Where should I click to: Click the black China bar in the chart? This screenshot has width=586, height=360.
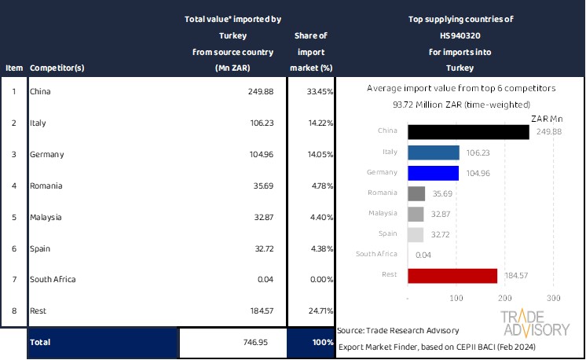pos(468,131)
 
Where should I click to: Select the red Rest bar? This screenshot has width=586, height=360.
pos(452,276)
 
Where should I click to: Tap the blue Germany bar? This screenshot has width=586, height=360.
pos(433,173)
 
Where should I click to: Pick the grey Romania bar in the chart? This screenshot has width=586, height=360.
pos(416,193)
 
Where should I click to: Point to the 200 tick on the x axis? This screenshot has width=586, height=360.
pos(505,299)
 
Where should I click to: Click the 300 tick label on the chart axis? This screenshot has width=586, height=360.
pos(553,299)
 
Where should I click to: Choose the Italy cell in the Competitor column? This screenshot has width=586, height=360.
pos(38,123)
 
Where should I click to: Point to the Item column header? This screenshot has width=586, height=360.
pos(13,68)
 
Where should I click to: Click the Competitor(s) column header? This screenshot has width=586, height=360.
pos(57,68)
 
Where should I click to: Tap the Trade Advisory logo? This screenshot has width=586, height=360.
pos(536,323)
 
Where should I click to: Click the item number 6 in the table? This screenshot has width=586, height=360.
pos(13,248)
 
